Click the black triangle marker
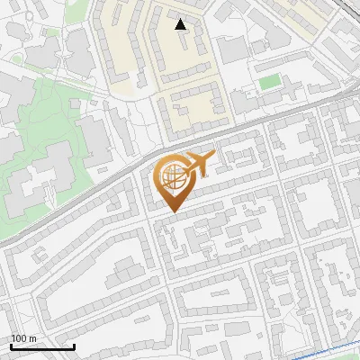pos(181,24)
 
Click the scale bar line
pos(42,346)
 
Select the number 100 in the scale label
pos(18,338)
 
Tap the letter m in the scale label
pos(31,338)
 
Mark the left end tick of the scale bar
pos(11,346)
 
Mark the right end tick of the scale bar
pos(74,346)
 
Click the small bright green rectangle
pos(269,83)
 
